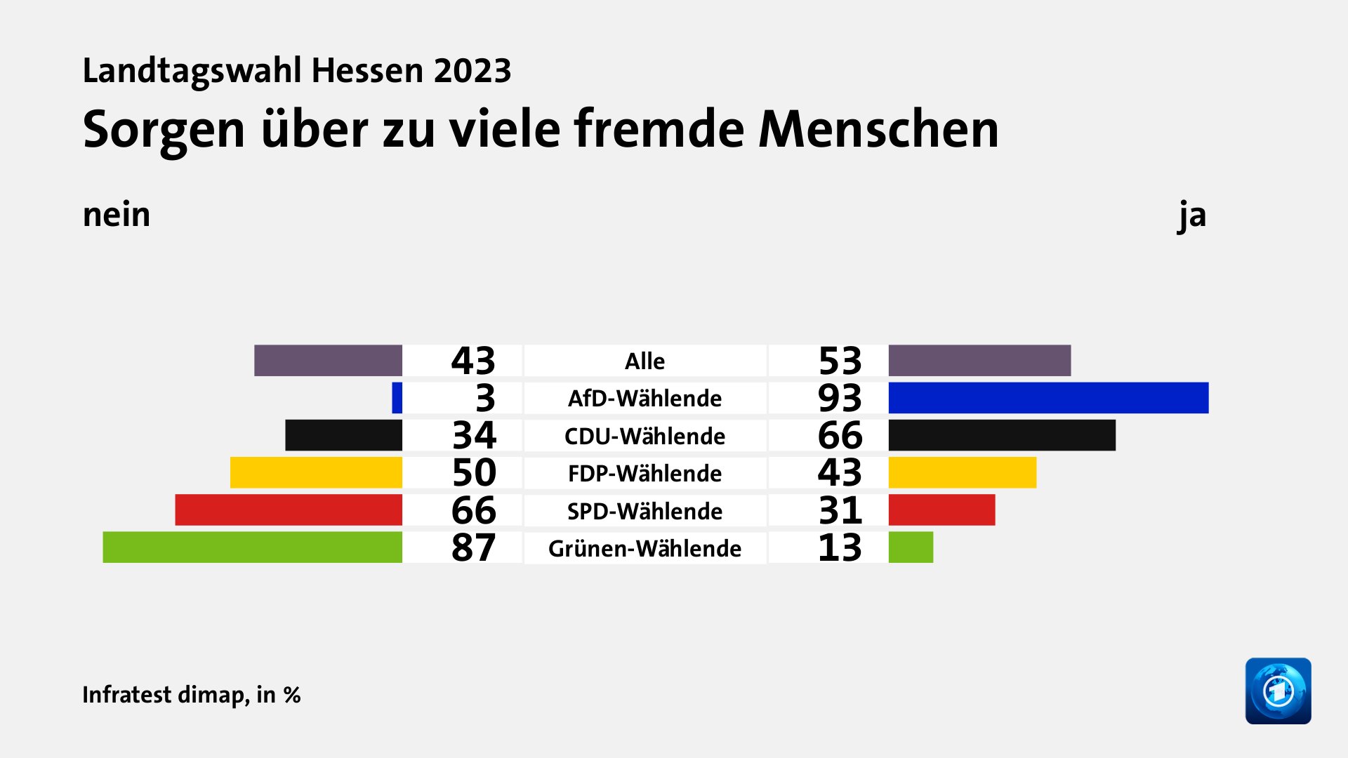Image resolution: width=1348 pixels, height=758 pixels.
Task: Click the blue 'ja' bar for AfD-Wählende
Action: [1048, 398]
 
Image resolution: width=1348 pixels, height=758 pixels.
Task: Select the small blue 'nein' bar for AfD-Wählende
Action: [397, 398]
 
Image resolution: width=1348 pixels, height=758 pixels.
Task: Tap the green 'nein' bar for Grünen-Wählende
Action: [253, 547]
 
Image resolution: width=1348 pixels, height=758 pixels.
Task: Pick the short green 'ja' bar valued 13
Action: [911, 547]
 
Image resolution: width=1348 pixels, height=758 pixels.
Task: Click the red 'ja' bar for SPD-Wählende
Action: [941, 510]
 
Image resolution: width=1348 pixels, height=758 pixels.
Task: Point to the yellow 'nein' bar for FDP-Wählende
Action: [316, 472]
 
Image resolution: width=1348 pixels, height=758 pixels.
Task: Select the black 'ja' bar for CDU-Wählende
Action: [1002, 435]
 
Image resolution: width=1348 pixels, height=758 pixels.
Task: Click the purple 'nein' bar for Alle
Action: [328, 361]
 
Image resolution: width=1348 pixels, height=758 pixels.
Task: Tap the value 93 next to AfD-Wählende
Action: [840, 398]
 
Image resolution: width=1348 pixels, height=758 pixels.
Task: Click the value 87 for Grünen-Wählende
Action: [473, 547]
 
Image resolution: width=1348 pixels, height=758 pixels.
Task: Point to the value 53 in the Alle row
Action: [840, 361]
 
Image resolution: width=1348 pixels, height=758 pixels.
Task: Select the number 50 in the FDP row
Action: [474, 472]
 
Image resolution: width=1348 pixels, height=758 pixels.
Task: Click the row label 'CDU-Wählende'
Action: [645, 436]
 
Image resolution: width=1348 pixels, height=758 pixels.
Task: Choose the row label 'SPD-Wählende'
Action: [645, 511]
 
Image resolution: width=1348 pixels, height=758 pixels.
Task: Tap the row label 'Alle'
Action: [645, 361]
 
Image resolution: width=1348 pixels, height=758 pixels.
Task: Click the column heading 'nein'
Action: [117, 215]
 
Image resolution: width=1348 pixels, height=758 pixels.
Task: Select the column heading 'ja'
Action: [1192, 215]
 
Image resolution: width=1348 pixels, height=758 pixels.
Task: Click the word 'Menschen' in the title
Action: [878, 130]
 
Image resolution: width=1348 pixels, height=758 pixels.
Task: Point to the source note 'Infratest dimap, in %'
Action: [192, 695]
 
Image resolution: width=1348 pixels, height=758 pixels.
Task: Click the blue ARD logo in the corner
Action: [1278, 691]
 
